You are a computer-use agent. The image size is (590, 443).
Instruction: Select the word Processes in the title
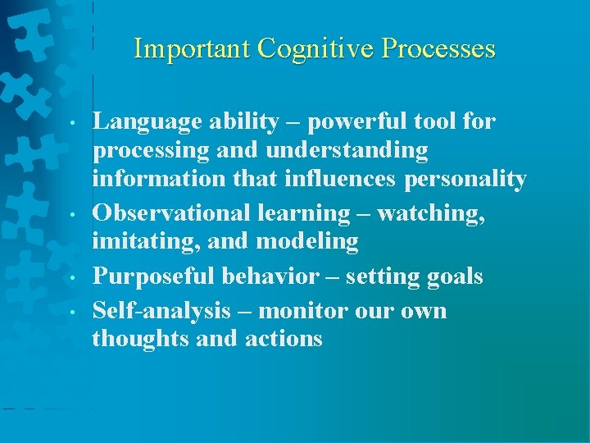click(x=443, y=48)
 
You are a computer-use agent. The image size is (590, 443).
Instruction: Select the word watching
click(x=432, y=212)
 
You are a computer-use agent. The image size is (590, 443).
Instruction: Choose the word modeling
click(x=311, y=241)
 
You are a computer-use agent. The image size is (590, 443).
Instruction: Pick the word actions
click(x=284, y=338)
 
